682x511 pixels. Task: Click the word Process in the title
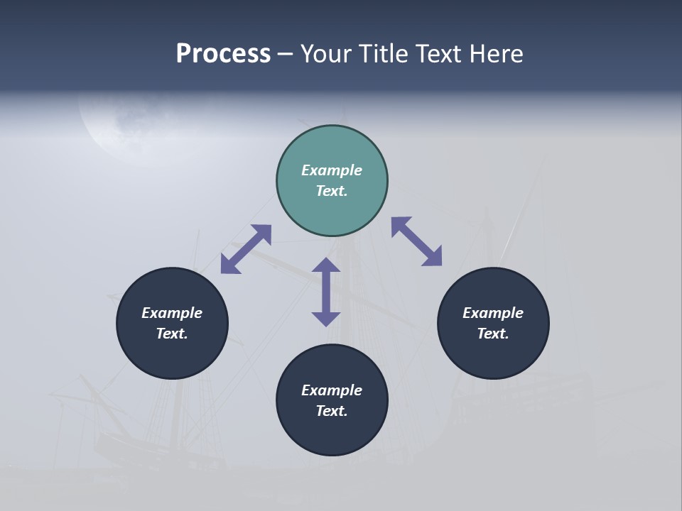tap(223, 54)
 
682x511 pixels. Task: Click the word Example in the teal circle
tap(332, 170)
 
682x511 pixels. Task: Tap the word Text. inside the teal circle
tap(332, 191)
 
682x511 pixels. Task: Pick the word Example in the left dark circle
tap(172, 313)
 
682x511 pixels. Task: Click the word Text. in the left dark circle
tap(172, 334)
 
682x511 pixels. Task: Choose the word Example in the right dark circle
tap(493, 313)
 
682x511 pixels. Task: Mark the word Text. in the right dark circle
tap(493, 334)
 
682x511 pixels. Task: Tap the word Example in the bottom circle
tap(332, 390)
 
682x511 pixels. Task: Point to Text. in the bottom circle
tap(332, 411)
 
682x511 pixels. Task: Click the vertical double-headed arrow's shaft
tap(326, 292)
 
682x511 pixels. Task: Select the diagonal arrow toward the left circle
tap(246, 249)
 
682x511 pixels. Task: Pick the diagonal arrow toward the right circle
tap(416, 242)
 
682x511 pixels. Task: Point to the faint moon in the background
tap(117, 128)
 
